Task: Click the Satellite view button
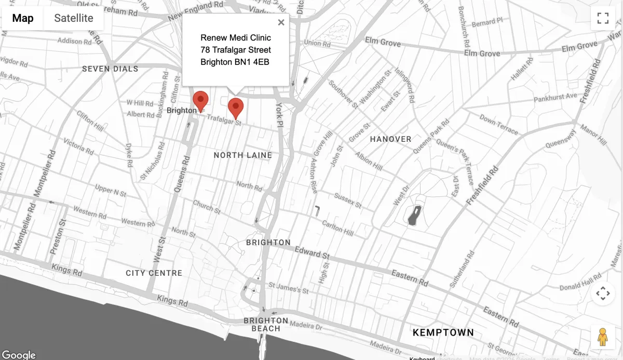[74, 19]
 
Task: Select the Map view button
[23, 19]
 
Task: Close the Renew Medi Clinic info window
[281, 22]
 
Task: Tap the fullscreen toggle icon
[603, 19]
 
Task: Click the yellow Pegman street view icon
[602, 338]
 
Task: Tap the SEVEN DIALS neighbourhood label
[110, 69]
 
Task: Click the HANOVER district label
[390, 139]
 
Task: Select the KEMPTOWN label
[443, 332]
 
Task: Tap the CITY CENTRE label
[154, 273]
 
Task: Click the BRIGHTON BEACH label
[266, 324]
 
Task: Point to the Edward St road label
[312, 253]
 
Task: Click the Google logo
[19, 355]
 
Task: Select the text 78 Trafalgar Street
[236, 50]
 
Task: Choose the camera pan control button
[603, 294]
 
